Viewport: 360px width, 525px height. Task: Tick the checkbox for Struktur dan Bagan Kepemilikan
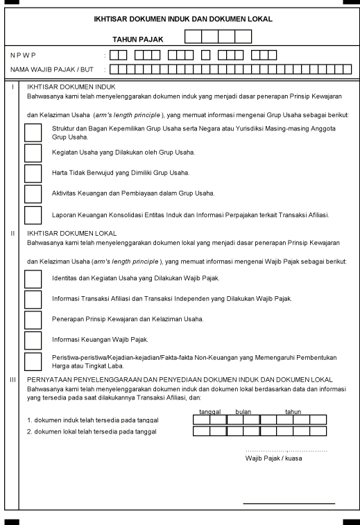33,132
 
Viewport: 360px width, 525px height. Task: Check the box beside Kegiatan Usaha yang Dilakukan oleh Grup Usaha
33,152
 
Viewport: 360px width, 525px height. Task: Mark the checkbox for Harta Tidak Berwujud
33,173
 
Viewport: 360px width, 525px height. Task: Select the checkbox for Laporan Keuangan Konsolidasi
33,215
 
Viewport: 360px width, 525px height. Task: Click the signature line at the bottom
289,503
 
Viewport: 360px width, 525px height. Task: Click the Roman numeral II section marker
12,233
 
